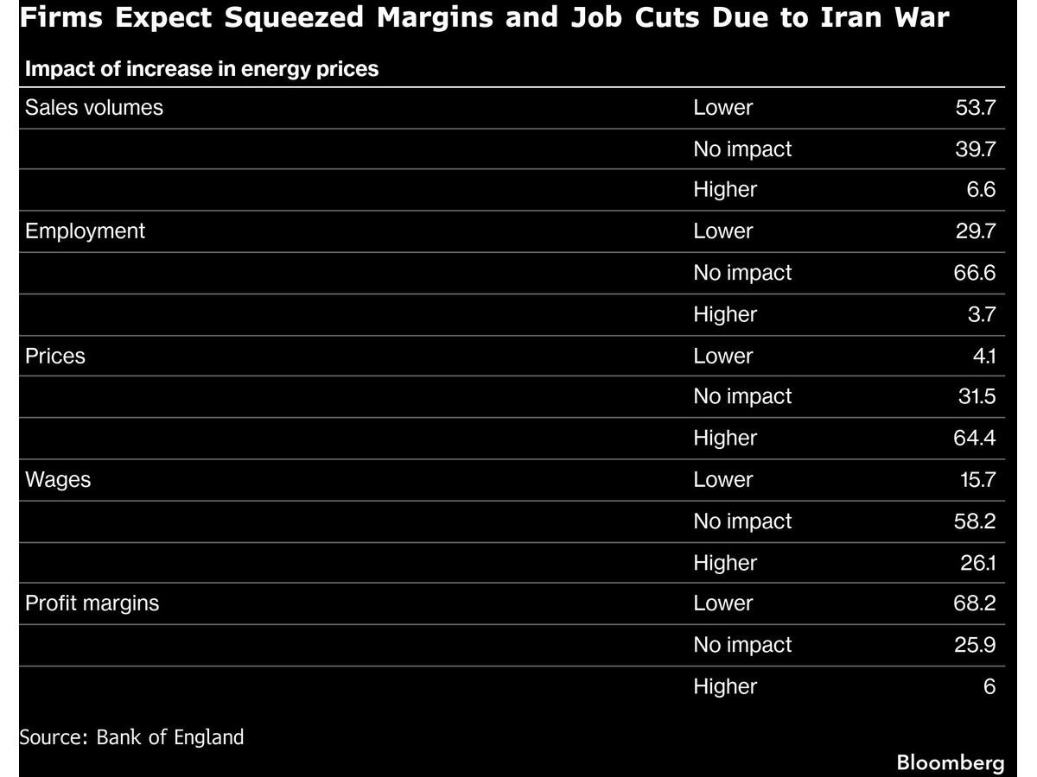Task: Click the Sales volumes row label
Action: (94, 108)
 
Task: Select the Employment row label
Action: (86, 231)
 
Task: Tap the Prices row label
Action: (55, 356)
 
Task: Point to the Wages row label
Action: (58, 480)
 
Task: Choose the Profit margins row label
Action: (92, 603)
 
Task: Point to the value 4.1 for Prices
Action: (982, 356)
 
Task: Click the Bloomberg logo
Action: (951, 762)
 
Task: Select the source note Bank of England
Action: (131, 737)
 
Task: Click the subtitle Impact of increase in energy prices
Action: (202, 69)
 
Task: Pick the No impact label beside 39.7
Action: (742, 149)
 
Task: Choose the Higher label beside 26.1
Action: (725, 563)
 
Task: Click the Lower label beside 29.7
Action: (723, 231)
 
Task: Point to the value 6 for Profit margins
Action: (989, 686)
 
